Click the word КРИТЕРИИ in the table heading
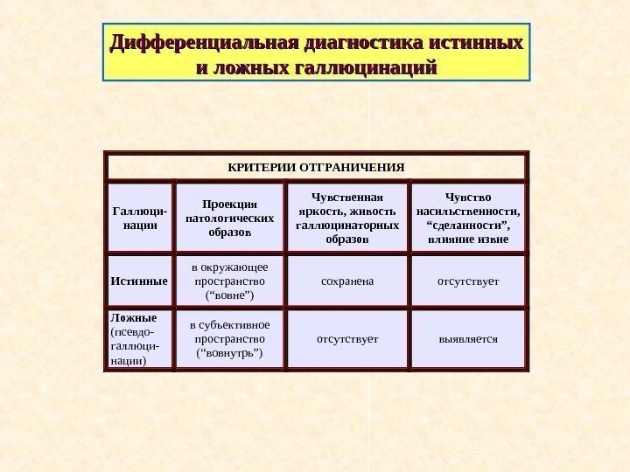(262, 165)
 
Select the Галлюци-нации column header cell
(139, 218)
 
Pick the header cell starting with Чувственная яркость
(347, 218)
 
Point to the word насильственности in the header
(468, 211)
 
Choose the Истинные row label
(139, 281)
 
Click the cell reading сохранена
(347, 281)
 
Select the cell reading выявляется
(468, 338)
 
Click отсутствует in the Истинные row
(468, 281)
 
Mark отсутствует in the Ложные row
(347, 338)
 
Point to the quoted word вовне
(230, 296)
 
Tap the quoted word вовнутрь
(230, 353)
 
